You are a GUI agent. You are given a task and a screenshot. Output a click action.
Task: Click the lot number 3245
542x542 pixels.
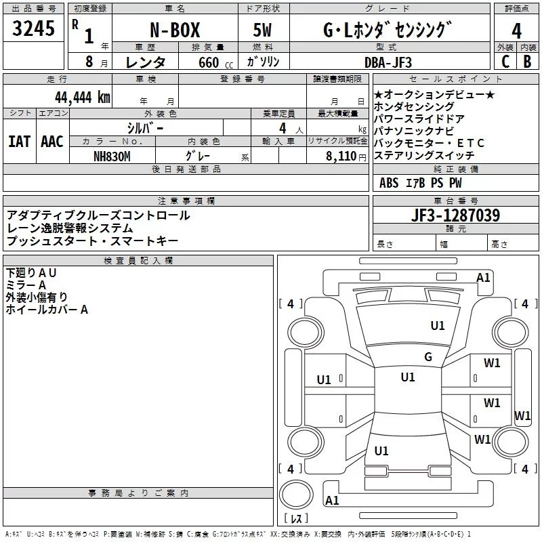pyautogui.click(x=33, y=30)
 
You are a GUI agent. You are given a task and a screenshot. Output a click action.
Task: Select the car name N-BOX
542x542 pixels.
pyautogui.click(x=174, y=31)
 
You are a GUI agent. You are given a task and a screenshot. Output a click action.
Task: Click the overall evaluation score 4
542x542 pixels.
pyautogui.click(x=517, y=30)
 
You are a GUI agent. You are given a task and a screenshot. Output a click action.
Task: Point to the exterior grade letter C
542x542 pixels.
pyautogui.click(x=505, y=62)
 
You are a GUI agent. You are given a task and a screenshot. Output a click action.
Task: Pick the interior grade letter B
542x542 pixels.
pyautogui.click(x=528, y=62)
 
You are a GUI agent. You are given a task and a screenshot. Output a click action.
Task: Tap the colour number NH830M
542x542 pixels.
pyautogui.click(x=112, y=156)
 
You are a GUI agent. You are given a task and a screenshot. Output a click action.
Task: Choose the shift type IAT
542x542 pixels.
pyautogui.click(x=19, y=142)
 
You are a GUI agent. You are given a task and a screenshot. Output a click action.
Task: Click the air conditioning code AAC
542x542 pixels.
pyautogui.click(x=52, y=142)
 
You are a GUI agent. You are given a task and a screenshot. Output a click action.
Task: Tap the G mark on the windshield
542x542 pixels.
pyautogui.click(x=428, y=357)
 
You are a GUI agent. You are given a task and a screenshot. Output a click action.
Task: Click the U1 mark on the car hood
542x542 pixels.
pyautogui.click(x=438, y=326)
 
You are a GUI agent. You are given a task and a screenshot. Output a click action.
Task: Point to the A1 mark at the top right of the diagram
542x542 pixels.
pyautogui.click(x=483, y=277)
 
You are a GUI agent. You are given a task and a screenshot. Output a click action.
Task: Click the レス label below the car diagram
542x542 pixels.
pyautogui.click(x=296, y=518)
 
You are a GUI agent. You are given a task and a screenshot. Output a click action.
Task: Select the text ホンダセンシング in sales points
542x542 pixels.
pyautogui.click(x=415, y=106)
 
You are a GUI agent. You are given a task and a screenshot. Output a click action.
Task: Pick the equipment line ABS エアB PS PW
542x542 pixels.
pyautogui.click(x=421, y=183)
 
